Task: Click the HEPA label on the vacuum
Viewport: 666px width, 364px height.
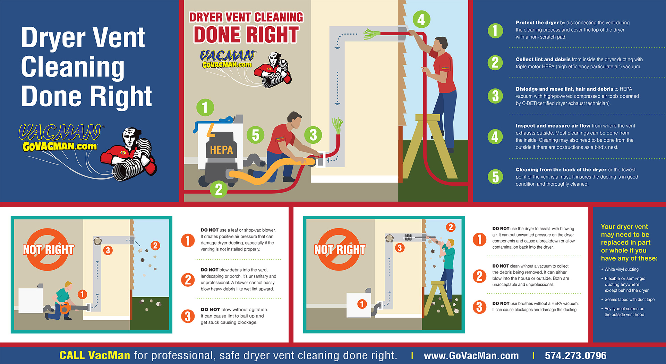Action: point(221,150)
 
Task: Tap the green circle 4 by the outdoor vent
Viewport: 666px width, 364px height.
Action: point(421,20)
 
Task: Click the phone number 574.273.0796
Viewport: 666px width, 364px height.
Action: point(575,356)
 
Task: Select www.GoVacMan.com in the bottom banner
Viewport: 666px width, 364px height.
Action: point(471,356)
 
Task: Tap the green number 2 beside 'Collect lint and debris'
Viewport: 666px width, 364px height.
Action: point(495,63)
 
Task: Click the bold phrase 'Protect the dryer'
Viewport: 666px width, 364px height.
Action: point(537,23)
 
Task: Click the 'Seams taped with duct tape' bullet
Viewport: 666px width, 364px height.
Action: point(629,300)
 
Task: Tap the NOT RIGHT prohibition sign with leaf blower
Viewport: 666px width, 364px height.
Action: point(48,249)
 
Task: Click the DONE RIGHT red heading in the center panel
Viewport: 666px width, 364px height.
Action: point(246,35)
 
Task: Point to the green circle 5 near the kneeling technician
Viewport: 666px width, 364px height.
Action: point(256,135)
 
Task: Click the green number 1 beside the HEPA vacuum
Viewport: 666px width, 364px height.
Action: point(205,107)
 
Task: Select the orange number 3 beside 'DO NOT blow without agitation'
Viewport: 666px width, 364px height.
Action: point(188,316)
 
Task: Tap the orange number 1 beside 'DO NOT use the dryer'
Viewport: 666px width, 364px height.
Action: point(479,239)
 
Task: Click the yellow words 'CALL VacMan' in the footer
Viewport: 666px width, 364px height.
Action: point(95,356)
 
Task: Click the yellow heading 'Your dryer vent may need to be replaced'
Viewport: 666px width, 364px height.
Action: point(629,242)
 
